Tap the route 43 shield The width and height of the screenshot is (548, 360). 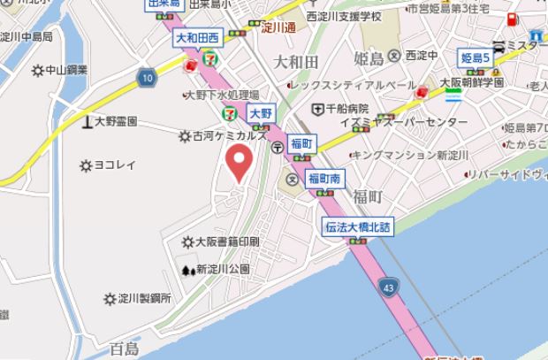[x=389, y=287]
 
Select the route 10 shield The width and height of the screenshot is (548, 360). [x=146, y=79]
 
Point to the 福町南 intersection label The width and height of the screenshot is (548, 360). [x=323, y=179]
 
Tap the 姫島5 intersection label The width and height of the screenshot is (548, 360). [x=476, y=58]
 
